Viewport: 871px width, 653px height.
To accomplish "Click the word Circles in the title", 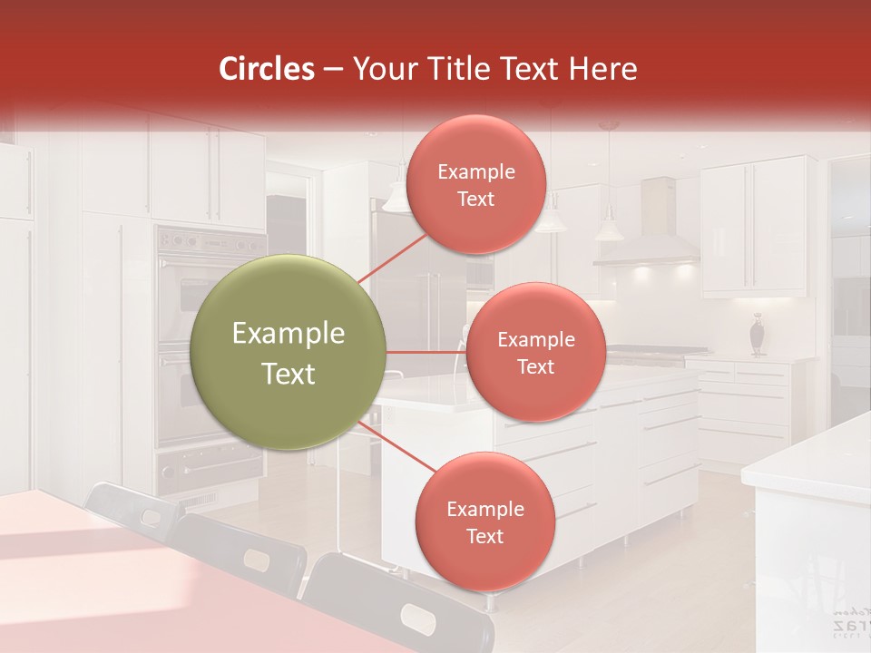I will (266, 69).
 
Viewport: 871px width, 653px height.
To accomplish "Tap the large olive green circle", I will (289, 352).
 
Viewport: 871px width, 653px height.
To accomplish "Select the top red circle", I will (475, 184).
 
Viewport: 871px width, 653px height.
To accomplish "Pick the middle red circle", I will (535, 352).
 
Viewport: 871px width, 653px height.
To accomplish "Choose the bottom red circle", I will (484, 521).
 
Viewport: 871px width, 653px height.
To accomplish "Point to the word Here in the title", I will (604, 69).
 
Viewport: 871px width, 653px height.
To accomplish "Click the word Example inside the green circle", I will (289, 334).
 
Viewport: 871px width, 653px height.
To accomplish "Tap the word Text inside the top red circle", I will (475, 199).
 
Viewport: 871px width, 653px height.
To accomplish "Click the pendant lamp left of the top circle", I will (396, 195).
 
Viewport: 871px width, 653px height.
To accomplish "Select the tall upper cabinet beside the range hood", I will (753, 227).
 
